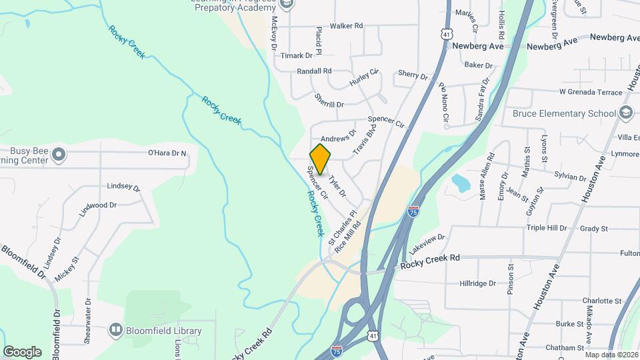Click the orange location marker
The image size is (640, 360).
coord(321,159)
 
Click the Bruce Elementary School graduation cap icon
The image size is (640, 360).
coord(625,113)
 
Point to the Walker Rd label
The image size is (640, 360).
coord(346,26)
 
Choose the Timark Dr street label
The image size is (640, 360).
coord(296,56)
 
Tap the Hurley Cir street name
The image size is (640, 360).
coord(364,78)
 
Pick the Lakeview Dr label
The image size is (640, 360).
coord(427,238)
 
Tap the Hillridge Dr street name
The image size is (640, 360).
coord(478,283)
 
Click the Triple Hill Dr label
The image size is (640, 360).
coord(546,228)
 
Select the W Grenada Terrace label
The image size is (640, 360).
coord(590,91)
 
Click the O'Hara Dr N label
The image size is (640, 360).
coord(167,153)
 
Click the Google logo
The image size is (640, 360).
coord(22,351)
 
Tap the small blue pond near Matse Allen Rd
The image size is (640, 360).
coord(459,181)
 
